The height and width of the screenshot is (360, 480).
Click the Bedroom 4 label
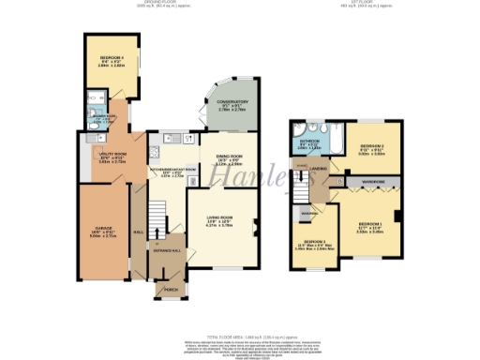(x=112, y=60)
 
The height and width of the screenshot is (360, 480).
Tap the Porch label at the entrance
(x=171, y=290)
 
